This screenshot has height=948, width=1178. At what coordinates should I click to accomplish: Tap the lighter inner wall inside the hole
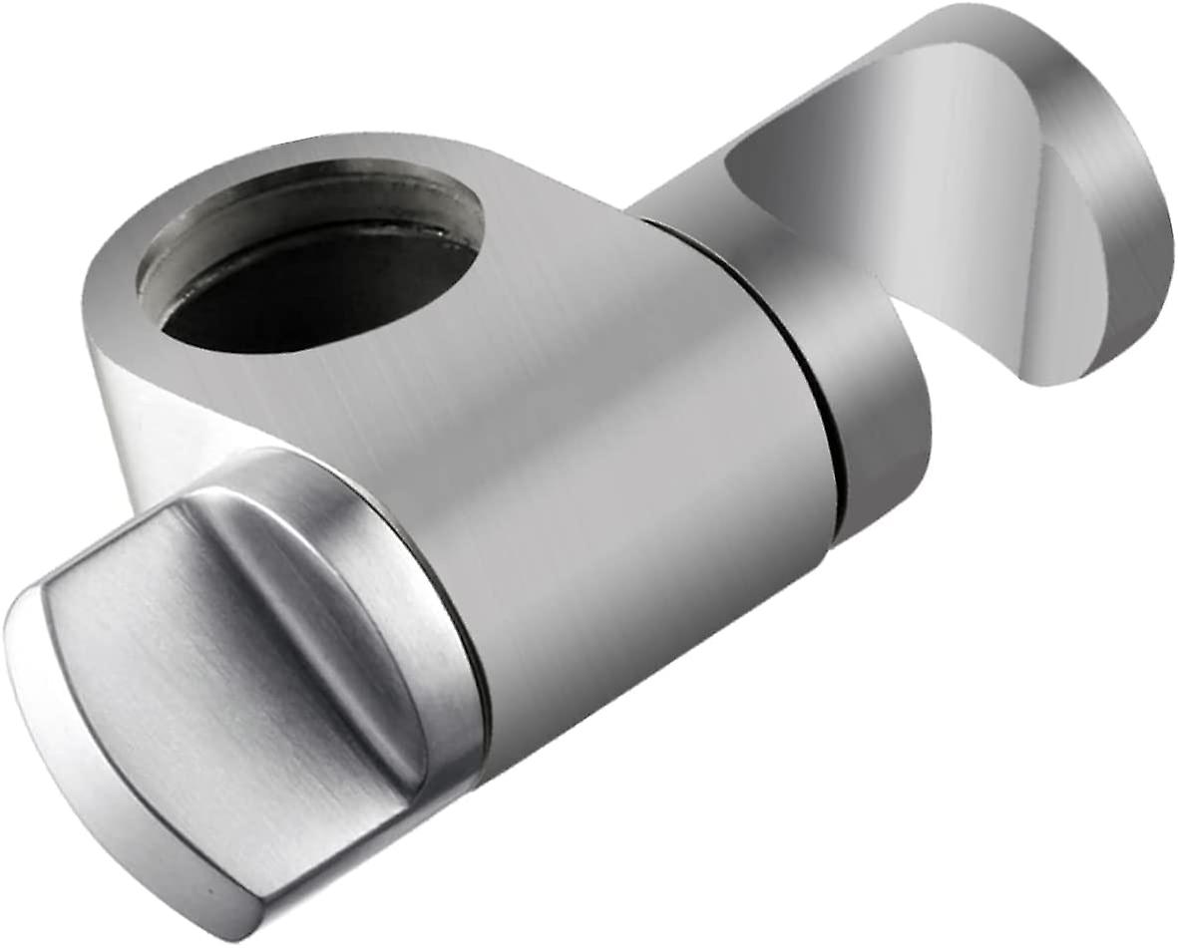tap(299, 204)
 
